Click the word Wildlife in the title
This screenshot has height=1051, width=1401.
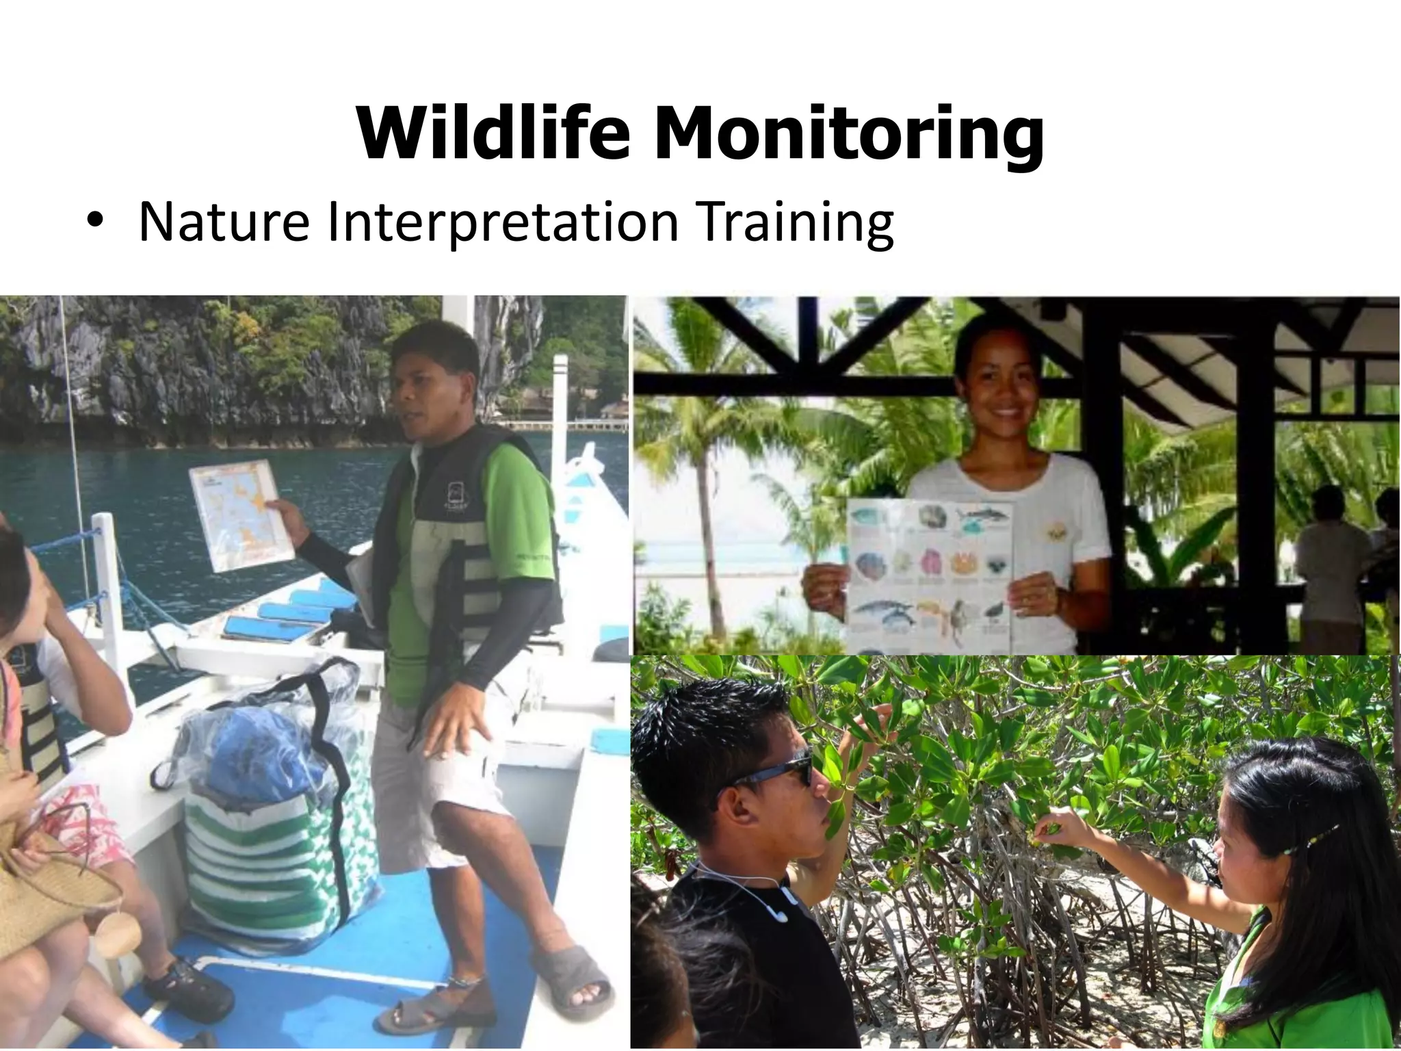click(493, 133)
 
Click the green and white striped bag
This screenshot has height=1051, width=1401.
click(274, 869)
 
